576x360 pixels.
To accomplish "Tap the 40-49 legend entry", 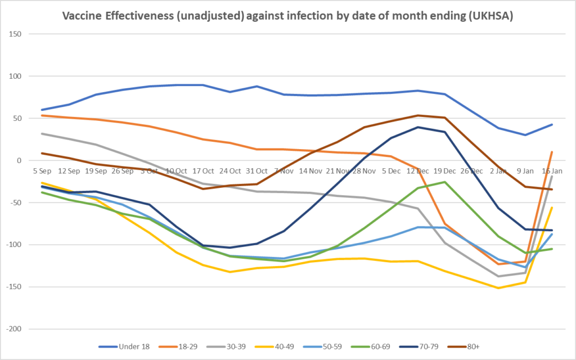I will (x=279, y=347).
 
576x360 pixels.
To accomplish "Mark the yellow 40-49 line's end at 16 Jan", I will (x=552, y=208).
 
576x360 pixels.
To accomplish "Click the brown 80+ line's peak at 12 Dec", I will (x=418, y=115).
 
